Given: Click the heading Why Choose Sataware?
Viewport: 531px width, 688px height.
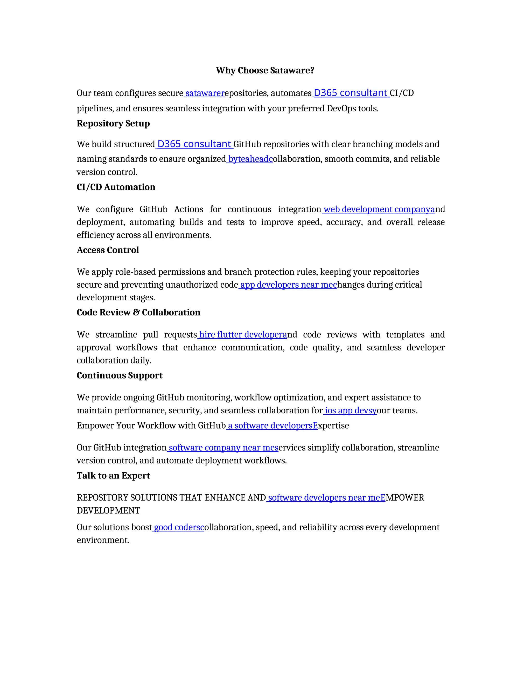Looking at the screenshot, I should click(265, 70).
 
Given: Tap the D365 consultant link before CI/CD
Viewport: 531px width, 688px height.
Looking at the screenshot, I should click(351, 93).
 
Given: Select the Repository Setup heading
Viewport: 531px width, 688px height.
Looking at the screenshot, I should click(113, 124).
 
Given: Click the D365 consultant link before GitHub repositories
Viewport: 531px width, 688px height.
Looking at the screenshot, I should click(194, 144).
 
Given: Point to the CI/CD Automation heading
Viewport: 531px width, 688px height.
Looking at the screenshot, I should click(116, 187).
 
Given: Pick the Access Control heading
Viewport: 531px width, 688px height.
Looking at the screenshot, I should click(108, 250).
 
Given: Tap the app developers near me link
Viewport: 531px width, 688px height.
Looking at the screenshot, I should click(288, 285).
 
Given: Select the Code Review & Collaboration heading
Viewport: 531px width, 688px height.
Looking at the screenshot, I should click(138, 313).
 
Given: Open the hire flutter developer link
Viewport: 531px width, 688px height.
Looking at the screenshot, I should click(242, 335).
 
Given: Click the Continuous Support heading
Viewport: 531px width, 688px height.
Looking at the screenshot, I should click(120, 375).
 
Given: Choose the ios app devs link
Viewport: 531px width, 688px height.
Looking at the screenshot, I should click(350, 410).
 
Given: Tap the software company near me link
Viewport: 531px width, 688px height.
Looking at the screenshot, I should click(223, 448).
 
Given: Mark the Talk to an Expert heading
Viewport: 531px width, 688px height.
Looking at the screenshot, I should click(113, 476).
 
